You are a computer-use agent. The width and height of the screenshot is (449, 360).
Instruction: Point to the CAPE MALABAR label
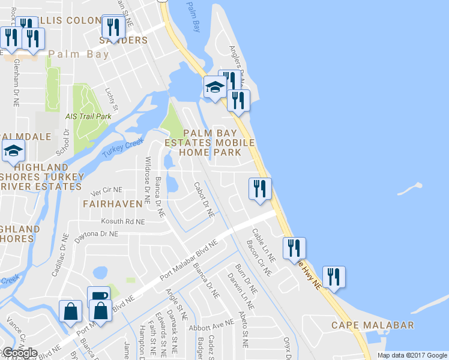coord(373,325)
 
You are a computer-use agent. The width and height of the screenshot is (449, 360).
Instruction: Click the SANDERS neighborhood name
coord(123,40)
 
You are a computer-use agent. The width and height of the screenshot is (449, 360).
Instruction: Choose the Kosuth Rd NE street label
coord(123,221)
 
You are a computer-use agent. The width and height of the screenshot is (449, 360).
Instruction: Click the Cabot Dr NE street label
coord(204,200)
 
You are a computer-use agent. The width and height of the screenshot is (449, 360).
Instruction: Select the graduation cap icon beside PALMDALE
coord(12,152)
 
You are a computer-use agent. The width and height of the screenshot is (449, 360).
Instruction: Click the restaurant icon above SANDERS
coord(113,26)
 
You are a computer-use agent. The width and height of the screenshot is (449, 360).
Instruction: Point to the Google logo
coord(19,353)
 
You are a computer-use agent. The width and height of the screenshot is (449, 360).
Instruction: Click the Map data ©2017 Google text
coord(412,355)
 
